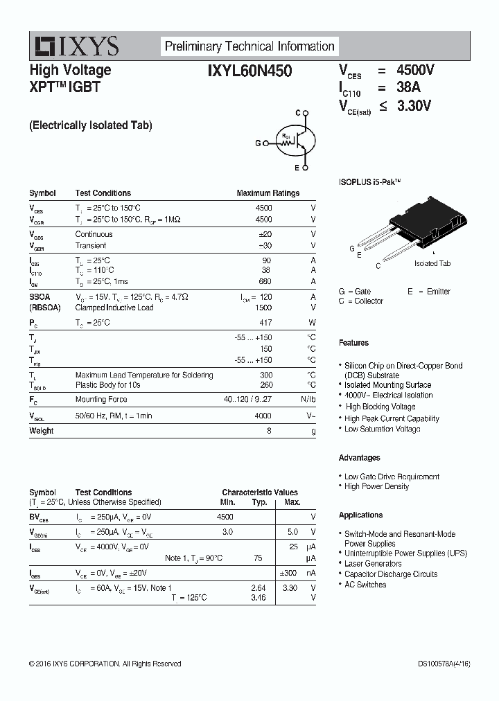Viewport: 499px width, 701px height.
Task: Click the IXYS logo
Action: (77, 46)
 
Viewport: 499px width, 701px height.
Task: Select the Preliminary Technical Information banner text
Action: (249, 46)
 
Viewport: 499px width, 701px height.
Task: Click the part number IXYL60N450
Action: (249, 70)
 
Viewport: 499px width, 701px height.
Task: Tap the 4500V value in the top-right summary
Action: (415, 70)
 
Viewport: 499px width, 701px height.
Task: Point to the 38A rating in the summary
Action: (408, 87)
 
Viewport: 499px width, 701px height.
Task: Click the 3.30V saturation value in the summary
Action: (414, 105)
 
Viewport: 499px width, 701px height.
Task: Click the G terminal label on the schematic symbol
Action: (258, 143)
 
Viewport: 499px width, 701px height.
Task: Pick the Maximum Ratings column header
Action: (268, 193)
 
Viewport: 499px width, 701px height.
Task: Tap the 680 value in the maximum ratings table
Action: (264, 281)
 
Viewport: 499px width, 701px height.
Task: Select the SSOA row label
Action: (40, 296)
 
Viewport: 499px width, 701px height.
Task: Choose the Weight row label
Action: (41, 431)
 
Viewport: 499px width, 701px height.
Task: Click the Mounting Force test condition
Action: (100, 400)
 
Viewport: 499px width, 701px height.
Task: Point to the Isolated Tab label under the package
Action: (432, 264)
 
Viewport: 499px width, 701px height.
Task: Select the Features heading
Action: (353, 343)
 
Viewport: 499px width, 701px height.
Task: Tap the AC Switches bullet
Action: (365, 585)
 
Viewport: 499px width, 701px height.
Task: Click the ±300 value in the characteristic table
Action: (288, 574)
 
